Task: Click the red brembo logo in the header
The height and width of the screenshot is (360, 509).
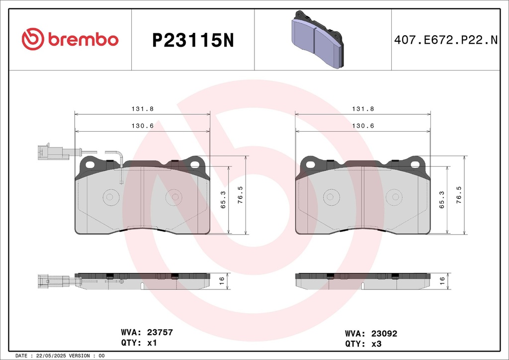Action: (70, 39)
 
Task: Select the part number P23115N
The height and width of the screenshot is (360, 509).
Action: (193, 41)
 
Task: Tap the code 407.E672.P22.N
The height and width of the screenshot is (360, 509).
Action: (446, 40)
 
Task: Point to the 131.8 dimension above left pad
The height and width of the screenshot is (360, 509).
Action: (143, 109)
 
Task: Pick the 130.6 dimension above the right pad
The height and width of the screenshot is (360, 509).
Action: (363, 126)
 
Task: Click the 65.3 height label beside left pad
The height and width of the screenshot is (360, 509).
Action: (223, 199)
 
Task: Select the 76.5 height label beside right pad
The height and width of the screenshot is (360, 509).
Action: (459, 195)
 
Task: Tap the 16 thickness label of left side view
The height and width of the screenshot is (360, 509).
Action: (222, 281)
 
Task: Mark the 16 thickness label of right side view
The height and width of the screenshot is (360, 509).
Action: (442, 281)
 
